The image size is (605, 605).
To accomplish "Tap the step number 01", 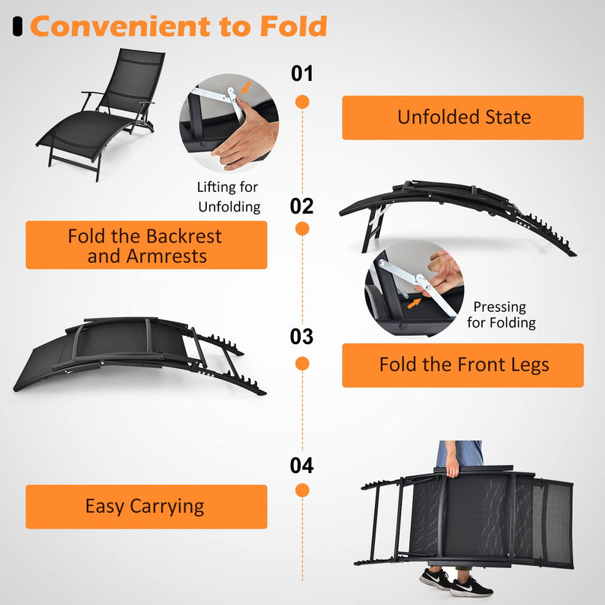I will [302, 73].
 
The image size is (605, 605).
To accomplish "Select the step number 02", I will [302, 205].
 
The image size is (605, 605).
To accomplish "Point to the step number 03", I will [302, 337].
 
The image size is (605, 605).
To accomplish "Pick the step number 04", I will [302, 466].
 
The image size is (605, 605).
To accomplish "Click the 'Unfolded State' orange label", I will [463, 118].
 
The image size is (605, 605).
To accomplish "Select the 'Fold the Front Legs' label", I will [463, 365].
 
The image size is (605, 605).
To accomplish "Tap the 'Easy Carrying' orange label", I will [146, 506].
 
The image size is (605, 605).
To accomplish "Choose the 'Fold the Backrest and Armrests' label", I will [146, 245].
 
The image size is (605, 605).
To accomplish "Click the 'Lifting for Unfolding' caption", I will [228, 196].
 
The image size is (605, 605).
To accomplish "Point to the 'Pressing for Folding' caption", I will [501, 315].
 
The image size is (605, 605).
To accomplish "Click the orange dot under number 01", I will [302, 101].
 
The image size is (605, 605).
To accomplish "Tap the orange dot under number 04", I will [302, 490].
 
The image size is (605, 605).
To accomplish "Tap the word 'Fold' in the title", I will [293, 26].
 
